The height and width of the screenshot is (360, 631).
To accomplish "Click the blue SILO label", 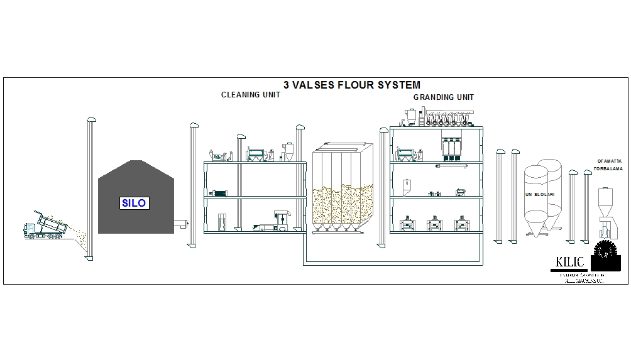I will pos(134,203).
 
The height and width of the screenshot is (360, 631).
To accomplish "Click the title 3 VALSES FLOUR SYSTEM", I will pos(352,85).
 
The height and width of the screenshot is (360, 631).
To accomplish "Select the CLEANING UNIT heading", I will pos(251,95).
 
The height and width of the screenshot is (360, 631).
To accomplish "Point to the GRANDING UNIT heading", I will pos(444,97).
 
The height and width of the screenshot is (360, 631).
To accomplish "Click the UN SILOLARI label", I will pos(540,195).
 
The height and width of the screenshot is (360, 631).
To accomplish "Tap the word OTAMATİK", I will pos(609,161).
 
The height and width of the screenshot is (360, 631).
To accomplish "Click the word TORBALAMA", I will pos(608,169).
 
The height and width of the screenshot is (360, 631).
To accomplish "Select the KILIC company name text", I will pos(570,262).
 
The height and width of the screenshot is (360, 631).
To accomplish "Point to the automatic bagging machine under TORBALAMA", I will pos(606,210).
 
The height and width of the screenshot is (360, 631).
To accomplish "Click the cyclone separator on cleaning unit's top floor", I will pos(288,151).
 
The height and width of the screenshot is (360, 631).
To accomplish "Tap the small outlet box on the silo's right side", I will pos(181,223).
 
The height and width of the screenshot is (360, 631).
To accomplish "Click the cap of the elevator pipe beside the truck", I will pos(91,119).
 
